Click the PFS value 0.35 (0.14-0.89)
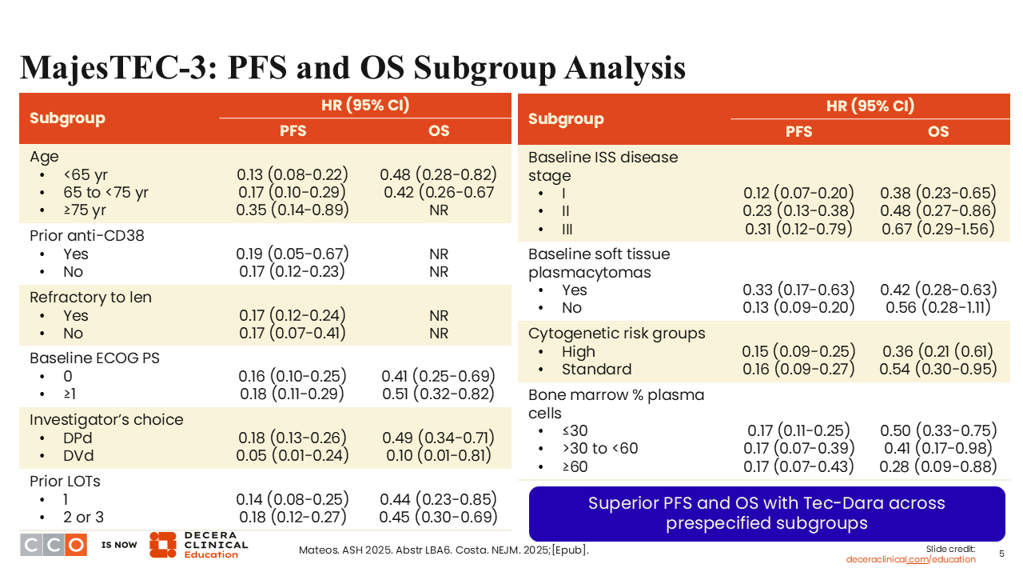point(293,210)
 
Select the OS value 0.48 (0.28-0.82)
point(438,174)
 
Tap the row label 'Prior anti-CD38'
point(87,236)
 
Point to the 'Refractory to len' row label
point(90,298)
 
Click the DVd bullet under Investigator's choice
point(78,456)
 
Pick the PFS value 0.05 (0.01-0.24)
point(293,456)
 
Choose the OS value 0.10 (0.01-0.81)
point(438,456)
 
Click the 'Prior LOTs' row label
point(65,482)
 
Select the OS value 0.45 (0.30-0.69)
point(438,518)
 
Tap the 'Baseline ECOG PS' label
point(94,358)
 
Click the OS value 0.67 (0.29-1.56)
point(938,230)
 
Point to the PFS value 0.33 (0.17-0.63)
point(798,290)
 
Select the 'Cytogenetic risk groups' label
point(616,334)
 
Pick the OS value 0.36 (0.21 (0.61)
point(938,352)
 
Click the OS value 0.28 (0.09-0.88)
point(938,467)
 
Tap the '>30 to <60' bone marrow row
point(599,449)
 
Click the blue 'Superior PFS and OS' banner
point(766,514)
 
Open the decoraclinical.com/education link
point(911,560)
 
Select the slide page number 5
point(1001,554)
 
